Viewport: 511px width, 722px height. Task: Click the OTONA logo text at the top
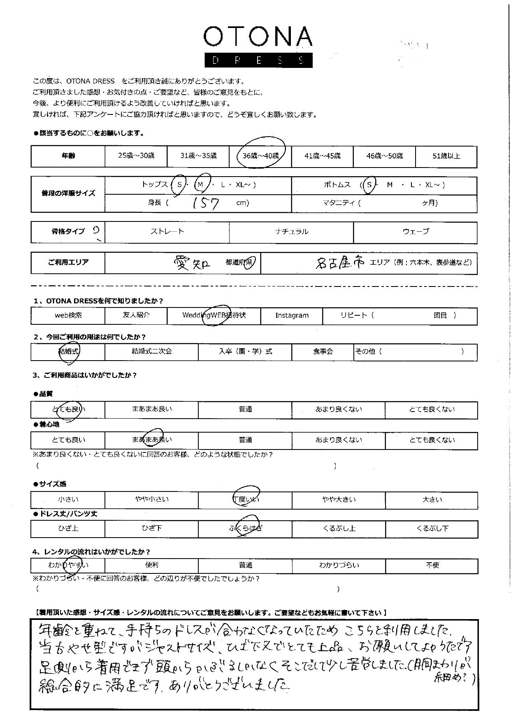click(x=258, y=37)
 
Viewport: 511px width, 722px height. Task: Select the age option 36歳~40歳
click(x=260, y=156)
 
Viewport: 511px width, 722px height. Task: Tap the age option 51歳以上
click(x=446, y=156)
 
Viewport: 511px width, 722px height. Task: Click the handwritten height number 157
click(x=206, y=203)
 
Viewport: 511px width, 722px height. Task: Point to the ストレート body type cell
click(x=167, y=232)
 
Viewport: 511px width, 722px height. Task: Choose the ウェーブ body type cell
click(x=415, y=232)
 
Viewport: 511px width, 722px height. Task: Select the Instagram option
click(x=292, y=316)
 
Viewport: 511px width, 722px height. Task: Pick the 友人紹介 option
click(x=136, y=316)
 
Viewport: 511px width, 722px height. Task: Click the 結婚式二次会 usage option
click(x=151, y=352)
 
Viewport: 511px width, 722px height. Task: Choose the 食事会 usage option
click(x=323, y=352)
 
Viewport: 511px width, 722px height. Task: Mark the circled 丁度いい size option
click(x=246, y=499)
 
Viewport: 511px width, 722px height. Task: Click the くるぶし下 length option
click(x=432, y=529)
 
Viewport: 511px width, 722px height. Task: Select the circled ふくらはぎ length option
click(x=246, y=529)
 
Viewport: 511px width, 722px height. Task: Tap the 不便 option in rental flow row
click(x=432, y=566)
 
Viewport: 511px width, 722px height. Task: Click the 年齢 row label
click(x=68, y=156)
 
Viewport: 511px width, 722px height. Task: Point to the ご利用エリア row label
click(x=68, y=263)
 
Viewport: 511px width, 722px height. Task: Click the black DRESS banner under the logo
click(x=258, y=61)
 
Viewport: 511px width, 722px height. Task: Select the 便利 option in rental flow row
click(x=151, y=566)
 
